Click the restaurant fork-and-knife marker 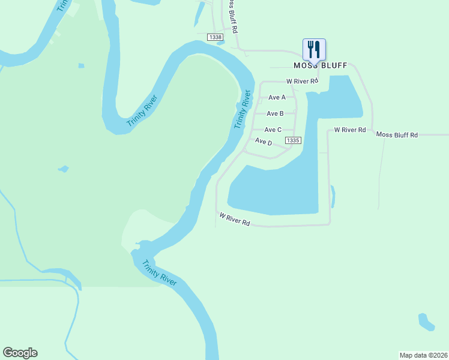click(315, 49)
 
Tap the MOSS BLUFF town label click(316, 65)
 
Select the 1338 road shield click(215, 37)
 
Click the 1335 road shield click(293, 140)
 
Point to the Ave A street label click(277, 97)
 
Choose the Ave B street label click(275, 113)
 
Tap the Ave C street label click(273, 130)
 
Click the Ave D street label click(264, 142)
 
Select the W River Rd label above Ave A click(301, 81)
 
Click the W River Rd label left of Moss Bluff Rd click(349, 130)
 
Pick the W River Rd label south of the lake click(235, 219)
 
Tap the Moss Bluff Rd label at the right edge click(397, 135)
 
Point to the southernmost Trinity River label click(159, 273)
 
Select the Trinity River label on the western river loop click(142, 111)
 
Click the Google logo click(20, 353)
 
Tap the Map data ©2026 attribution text click(423, 355)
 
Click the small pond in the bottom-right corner click(426, 322)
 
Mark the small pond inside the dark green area click(63, 169)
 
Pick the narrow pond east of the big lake click(333, 196)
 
